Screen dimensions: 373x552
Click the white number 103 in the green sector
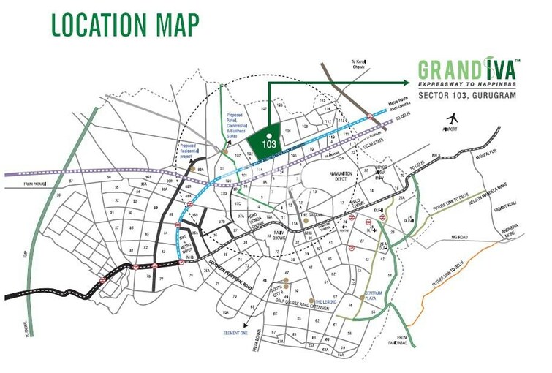[x=270, y=144]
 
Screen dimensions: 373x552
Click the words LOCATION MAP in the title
[x=125, y=23]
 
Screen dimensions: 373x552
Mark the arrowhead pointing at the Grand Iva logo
[x=408, y=82]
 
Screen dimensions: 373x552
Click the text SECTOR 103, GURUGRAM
[x=468, y=95]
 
